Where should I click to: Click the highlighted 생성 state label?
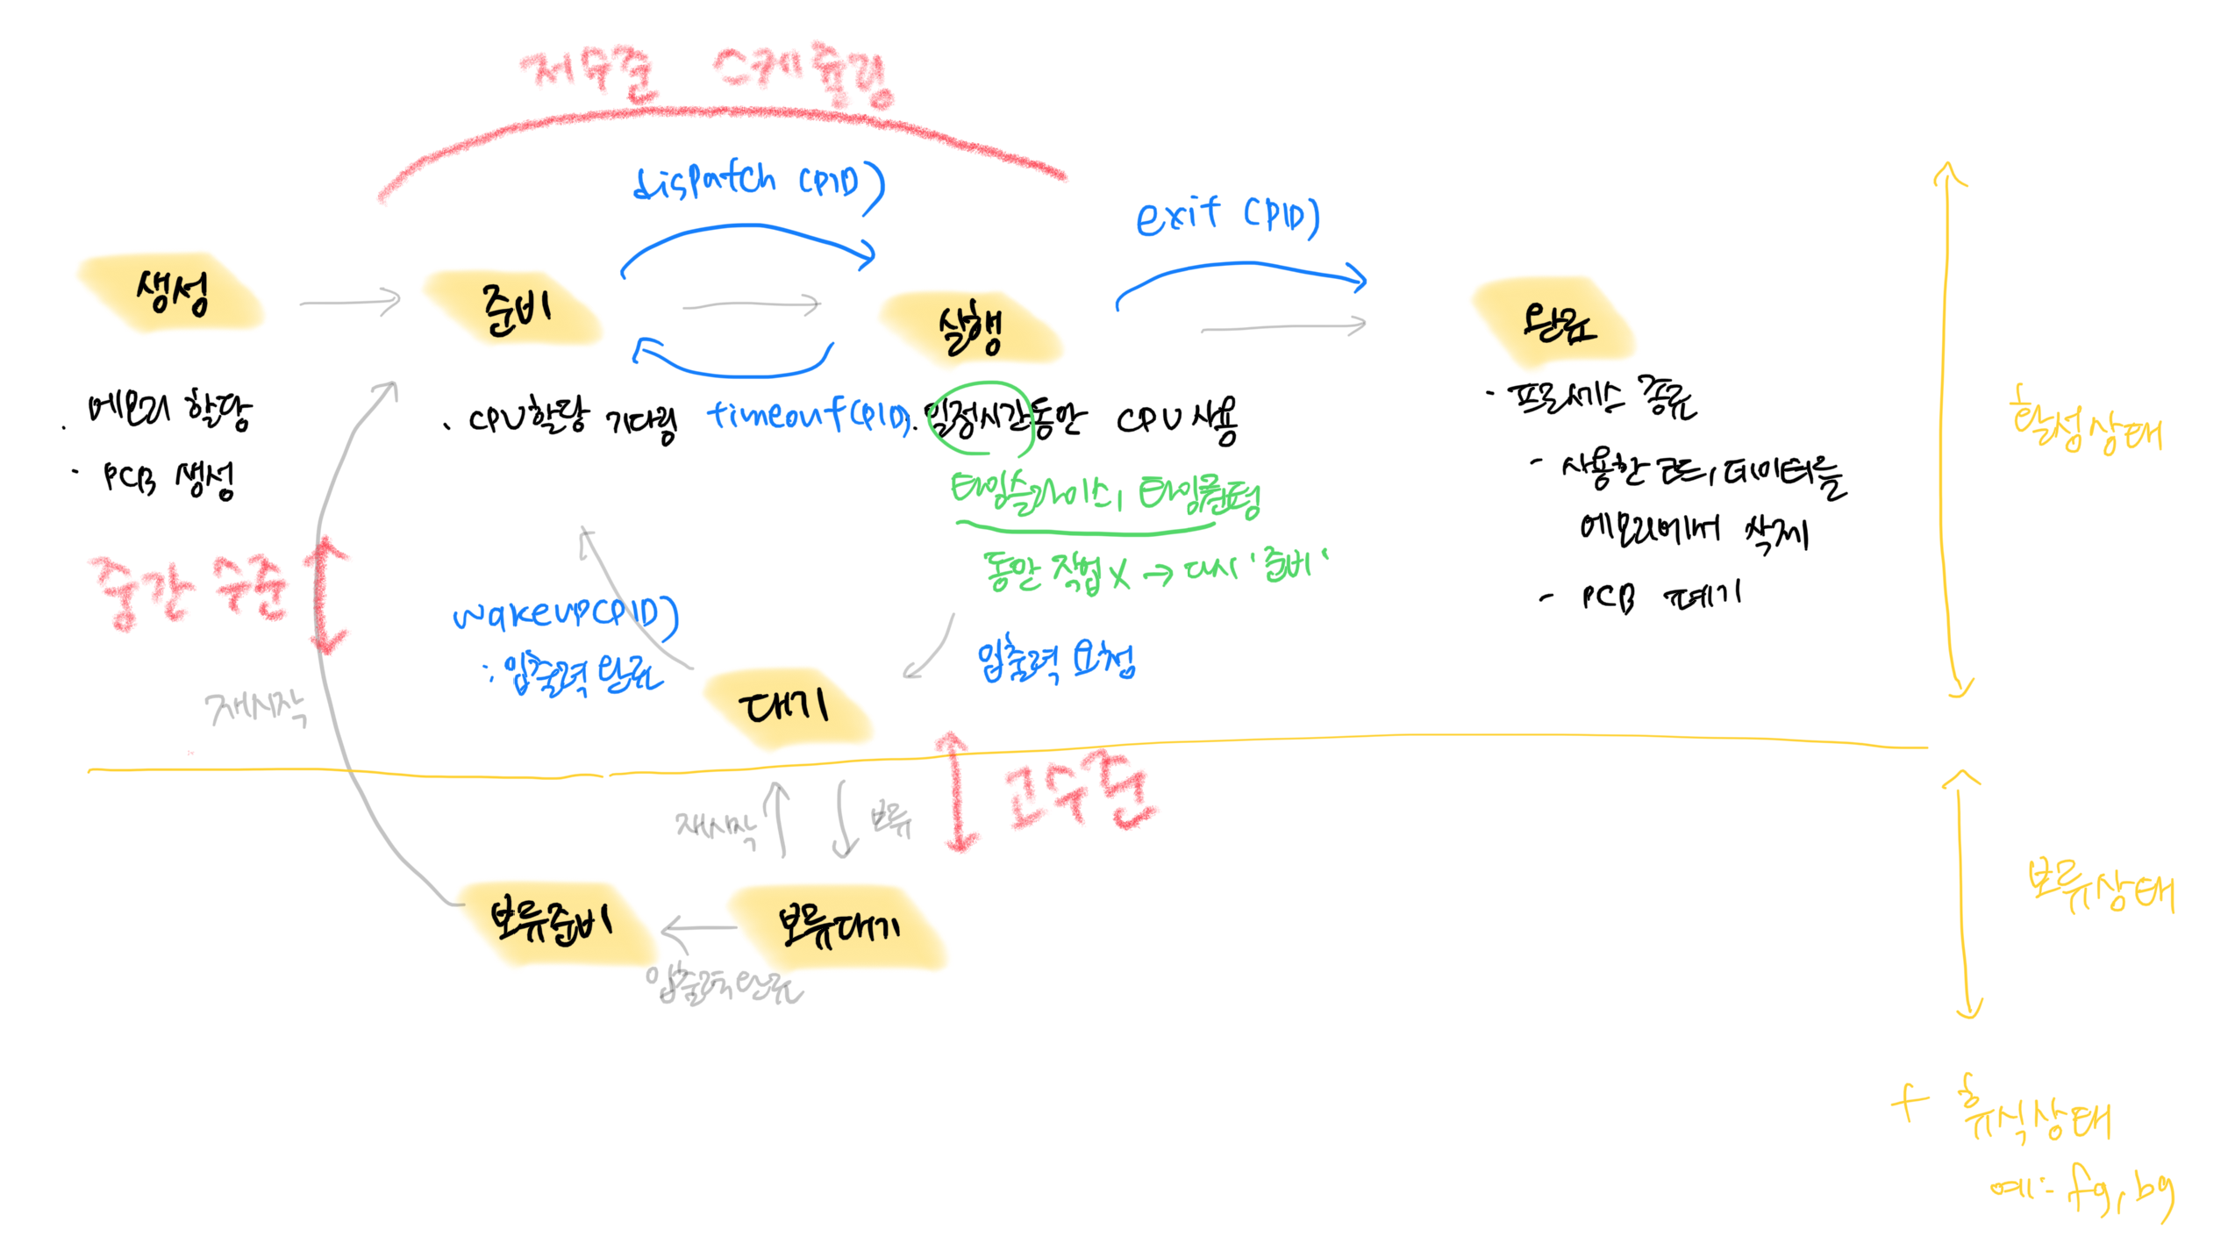point(172,293)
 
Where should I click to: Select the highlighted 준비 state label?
point(516,310)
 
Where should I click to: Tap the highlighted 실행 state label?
point(970,329)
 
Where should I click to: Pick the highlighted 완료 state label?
point(1558,324)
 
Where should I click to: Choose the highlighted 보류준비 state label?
point(552,921)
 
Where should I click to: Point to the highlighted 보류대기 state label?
point(839,926)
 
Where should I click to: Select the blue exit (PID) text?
point(1227,216)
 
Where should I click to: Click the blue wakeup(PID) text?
point(566,613)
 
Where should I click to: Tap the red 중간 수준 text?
point(188,592)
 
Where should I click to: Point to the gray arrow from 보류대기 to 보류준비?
point(699,928)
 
